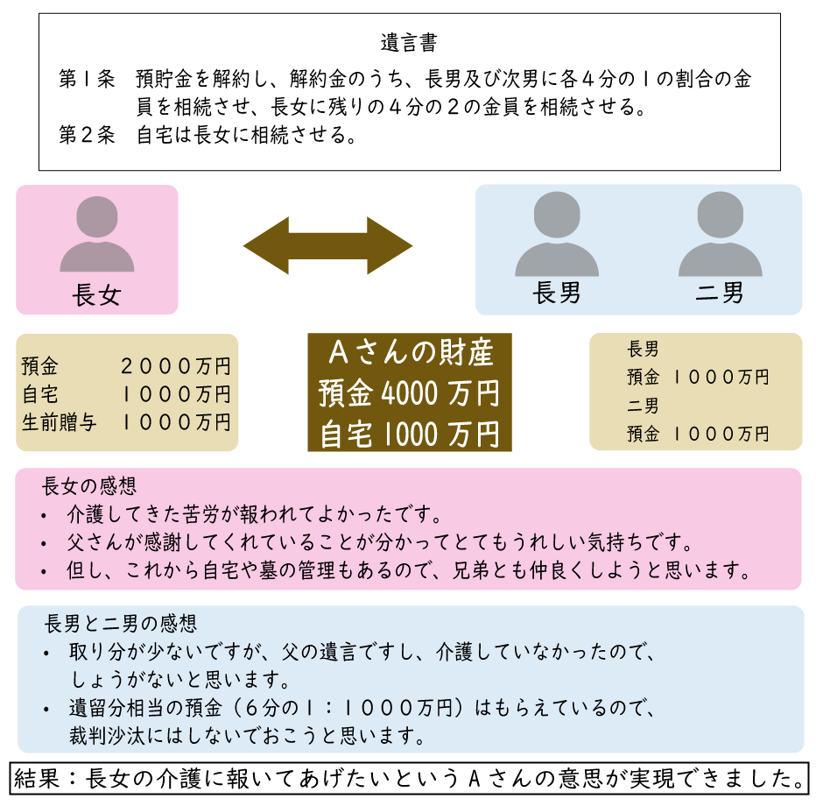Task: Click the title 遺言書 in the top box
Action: (x=409, y=41)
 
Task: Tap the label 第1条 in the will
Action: (x=87, y=79)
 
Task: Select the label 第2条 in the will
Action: (x=87, y=136)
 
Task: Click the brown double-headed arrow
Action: (x=327, y=244)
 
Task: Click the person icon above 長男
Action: (x=556, y=235)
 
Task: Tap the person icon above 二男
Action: (x=720, y=235)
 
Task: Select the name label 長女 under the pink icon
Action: (x=96, y=295)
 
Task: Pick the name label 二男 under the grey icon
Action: (x=720, y=292)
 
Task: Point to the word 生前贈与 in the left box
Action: (x=59, y=422)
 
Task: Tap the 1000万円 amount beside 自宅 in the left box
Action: (x=176, y=394)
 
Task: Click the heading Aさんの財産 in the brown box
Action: (x=410, y=353)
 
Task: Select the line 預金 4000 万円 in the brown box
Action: (x=410, y=393)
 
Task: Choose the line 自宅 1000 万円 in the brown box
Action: (x=410, y=434)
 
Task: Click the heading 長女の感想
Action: (x=89, y=484)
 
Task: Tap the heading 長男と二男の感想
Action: (x=120, y=624)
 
